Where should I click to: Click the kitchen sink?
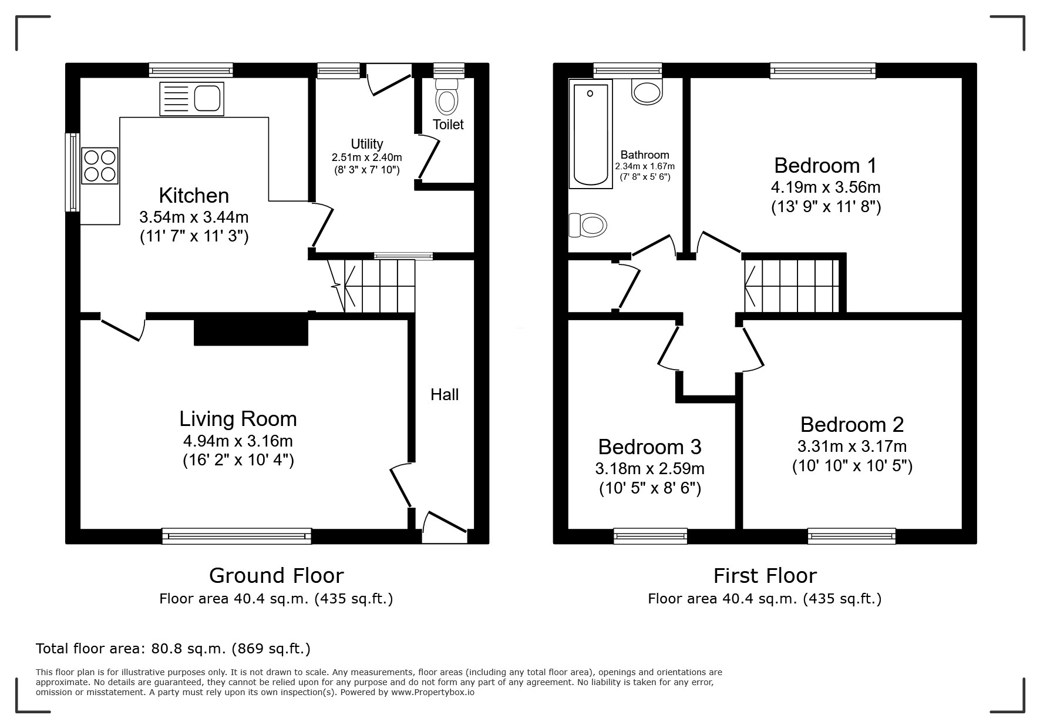click(x=191, y=99)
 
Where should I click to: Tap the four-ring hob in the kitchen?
click(x=100, y=165)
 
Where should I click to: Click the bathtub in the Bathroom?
click(x=590, y=134)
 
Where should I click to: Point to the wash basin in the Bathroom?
click(x=647, y=91)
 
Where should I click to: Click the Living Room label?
click(x=238, y=419)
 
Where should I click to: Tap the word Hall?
click(x=445, y=395)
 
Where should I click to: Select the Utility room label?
click(x=367, y=144)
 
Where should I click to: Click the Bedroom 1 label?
click(x=826, y=166)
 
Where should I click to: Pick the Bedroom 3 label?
click(x=649, y=447)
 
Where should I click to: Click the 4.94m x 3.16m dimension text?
click(x=238, y=441)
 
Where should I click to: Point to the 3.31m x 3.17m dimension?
click(x=852, y=447)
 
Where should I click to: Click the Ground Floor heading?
click(x=276, y=575)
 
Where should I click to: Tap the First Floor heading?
click(x=765, y=575)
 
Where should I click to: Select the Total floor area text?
click(x=173, y=649)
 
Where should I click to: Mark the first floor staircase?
click(x=792, y=286)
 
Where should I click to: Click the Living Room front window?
click(x=237, y=535)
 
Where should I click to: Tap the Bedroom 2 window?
click(x=852, y=535)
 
